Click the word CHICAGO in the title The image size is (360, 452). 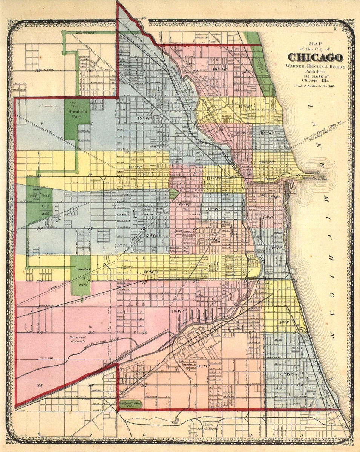(x=315, y=58)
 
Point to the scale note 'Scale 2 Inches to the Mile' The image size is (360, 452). (x=315, y=86)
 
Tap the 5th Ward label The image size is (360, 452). (x=286, y=373)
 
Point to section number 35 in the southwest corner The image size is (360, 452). (x=39, y=385)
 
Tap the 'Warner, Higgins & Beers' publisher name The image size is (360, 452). (x=315, y=66)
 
